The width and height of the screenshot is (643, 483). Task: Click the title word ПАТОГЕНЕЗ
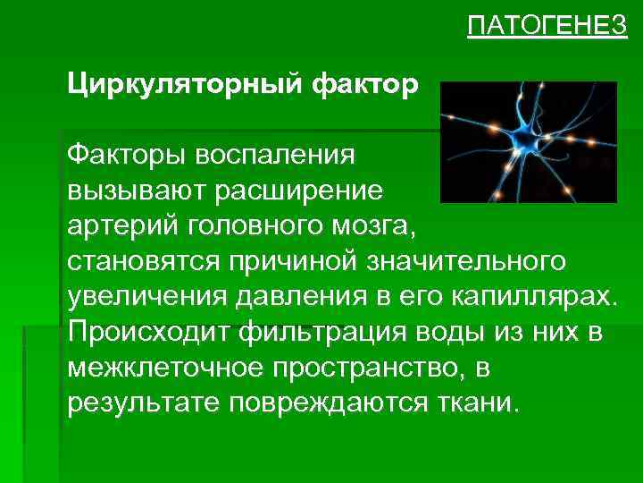[x=547, y=27]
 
